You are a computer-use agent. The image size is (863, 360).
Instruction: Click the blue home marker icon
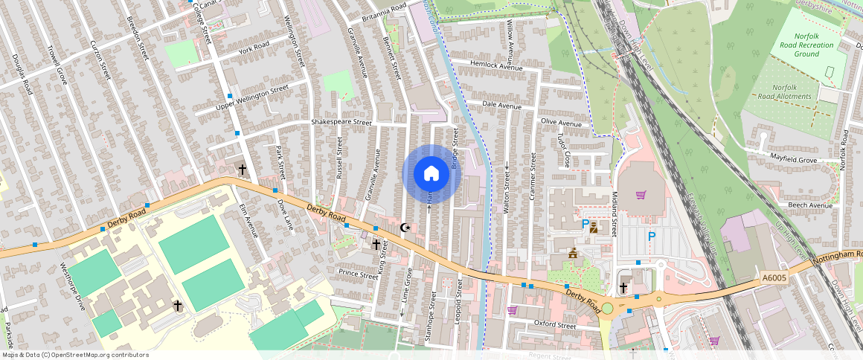tap(431, 174)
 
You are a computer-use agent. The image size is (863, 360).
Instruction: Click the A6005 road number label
tap(774, 277)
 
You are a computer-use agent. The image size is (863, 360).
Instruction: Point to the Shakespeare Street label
tap(341, 122)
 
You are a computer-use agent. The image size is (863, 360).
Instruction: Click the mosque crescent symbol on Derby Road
tap(405, 227)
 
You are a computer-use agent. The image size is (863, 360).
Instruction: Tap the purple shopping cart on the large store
tap(641, 195)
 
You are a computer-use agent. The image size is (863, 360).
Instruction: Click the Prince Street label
tap(359, 274)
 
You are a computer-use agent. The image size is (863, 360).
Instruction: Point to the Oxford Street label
tap(556, 325)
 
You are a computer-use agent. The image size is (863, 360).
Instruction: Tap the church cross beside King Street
tap(376, 244)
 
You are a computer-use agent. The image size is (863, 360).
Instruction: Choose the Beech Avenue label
tap(809, 205)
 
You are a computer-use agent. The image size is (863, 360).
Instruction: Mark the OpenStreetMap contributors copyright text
tap(75, 355)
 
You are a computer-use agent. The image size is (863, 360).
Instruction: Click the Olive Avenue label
tap(561, 123)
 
